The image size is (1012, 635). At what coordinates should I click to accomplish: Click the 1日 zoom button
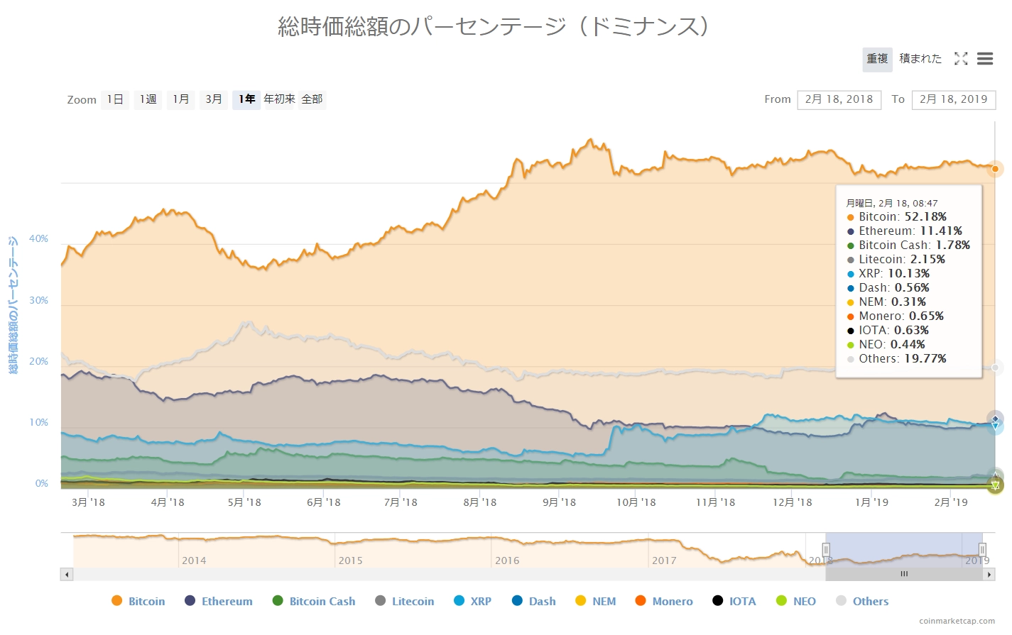tap(115, 99)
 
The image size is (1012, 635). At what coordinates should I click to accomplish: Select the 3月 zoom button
tap(214, 99)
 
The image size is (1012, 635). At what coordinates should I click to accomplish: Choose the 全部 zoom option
tap(312, 99)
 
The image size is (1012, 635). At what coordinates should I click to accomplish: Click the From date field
tap(839, 99)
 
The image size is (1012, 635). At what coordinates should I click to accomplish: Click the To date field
tap(953, 99)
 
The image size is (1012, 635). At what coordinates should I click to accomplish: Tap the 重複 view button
tap(877, 59)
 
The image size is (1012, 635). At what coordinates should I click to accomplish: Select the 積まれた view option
tap(920, 59)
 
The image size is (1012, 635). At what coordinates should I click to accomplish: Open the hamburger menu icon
tap(985, 59)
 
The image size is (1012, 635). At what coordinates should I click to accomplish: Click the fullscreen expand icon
tap(961, 59)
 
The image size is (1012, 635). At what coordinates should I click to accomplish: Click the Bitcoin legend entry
tap(146, 601)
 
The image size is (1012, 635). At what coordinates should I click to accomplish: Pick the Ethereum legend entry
tap(227, 601)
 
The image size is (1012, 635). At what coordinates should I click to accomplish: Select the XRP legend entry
tap(481, 601)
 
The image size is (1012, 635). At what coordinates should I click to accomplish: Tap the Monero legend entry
tap(672, 601)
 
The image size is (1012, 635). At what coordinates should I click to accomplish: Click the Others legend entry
tap(870, 601)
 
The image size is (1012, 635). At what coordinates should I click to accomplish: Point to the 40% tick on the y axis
tap(38, 239)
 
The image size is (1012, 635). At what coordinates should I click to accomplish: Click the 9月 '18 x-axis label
tap(559, 502)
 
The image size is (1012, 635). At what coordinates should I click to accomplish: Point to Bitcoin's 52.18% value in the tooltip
tap(925, 217)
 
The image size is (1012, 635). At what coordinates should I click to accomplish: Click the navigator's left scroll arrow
tap(67, 574)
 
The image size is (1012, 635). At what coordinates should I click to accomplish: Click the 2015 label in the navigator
tap(350, 561)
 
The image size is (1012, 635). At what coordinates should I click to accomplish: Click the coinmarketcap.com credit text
tap(957, 621)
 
